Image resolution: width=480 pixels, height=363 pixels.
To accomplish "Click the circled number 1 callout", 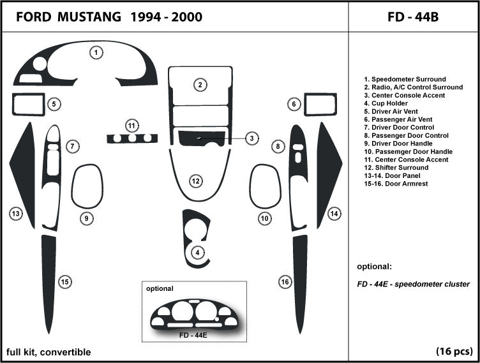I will point(96,53).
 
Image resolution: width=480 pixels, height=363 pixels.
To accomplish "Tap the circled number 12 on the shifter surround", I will point(196,182).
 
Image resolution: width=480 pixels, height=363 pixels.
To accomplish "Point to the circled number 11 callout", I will point(132,124).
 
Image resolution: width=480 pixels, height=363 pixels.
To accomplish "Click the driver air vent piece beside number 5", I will point(27,103).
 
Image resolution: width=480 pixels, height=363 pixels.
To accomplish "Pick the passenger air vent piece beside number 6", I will point(320,103).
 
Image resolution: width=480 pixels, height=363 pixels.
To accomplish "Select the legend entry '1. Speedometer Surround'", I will point(405,79).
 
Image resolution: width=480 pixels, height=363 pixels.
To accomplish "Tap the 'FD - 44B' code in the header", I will point(413,17).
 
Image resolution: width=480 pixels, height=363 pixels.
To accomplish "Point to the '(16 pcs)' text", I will point(454,352).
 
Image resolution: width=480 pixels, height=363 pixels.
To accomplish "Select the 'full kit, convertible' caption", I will point(49,352).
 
